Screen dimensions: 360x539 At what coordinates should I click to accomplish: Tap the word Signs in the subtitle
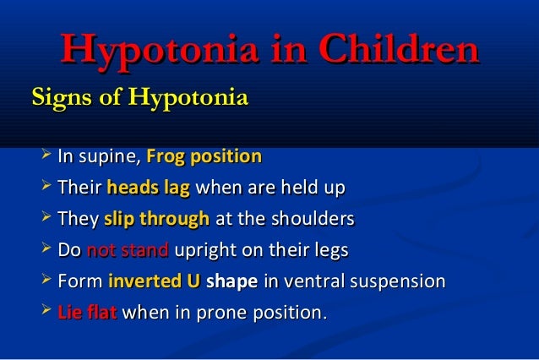pyautogui.click(x=62, y=99)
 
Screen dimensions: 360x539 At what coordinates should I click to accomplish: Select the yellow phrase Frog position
pyautogui.click(x=204, y=157)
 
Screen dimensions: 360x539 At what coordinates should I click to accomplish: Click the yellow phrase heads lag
pyautogui.click(x=148, y=188)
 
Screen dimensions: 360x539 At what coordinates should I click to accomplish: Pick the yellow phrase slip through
pyautogui.click(x=156, y=220)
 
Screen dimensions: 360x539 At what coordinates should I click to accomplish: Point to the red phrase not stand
pyautogui.click(x=128, y=251)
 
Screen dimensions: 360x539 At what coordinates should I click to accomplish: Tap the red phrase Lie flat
pyautogui.click(x=88, y=314)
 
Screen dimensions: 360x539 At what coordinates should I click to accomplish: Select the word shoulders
pyautogui.click(x=311, y=220)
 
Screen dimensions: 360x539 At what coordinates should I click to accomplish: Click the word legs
pyautogui.click(x=330, y=252)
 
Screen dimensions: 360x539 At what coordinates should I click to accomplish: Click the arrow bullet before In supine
pyautogui.click(x=46, y=156)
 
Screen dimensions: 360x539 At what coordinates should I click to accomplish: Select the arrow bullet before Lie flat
pyautogui.click(x=46, y=313)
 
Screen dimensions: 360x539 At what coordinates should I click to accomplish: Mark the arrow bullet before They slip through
pyautogui.click(x=46, y=219)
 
